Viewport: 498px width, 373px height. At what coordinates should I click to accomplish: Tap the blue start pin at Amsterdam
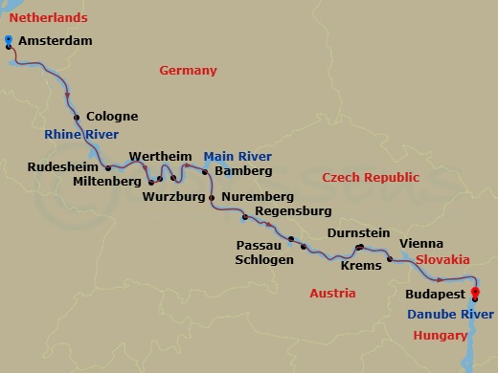point(9,40)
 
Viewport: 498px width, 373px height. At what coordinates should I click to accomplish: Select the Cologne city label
point(112,117)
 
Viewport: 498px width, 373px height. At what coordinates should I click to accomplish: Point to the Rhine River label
point(80,135)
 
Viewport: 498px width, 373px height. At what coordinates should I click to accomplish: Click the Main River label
point(237,156)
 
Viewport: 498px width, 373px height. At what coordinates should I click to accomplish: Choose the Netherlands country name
point(45,18)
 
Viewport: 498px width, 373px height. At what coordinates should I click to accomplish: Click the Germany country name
point(188,71)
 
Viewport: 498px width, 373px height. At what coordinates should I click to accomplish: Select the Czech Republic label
point(371,178)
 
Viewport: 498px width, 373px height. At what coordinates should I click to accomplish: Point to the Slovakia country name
point(442,259)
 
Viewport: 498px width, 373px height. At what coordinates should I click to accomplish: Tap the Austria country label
point(332,293)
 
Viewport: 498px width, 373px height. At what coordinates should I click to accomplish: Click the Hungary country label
point(441,335)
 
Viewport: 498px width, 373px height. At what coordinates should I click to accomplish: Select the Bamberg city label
point(244,171)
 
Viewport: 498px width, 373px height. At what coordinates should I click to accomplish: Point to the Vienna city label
point(420,244)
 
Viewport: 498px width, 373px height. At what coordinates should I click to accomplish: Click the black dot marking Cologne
point(76,117)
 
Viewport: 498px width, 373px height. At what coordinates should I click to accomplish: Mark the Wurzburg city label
point(173,198)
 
